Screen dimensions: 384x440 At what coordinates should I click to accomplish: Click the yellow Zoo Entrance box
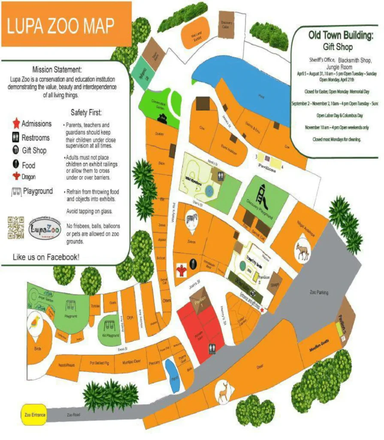[33, 416]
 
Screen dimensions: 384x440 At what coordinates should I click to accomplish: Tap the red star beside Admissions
[16, 124]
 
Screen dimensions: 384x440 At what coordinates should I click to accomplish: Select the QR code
[16, 227]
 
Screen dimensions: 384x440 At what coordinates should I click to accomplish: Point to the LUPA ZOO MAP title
[60, 26]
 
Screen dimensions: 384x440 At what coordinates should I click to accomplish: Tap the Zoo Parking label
[319, 293]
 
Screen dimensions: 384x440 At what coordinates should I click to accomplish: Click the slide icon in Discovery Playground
[262, 196]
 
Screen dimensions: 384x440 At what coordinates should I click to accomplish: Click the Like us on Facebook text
[46, 257]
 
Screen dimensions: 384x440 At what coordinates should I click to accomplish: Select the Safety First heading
[86, 113]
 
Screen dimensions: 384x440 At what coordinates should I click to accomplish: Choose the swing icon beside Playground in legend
[16, 192]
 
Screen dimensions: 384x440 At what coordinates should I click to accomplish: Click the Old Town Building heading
[340, 35]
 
